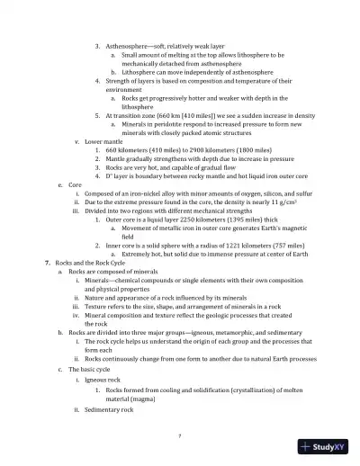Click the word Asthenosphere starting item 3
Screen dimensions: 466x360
coord(127,45)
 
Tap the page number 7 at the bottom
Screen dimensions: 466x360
coord(180,435)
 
